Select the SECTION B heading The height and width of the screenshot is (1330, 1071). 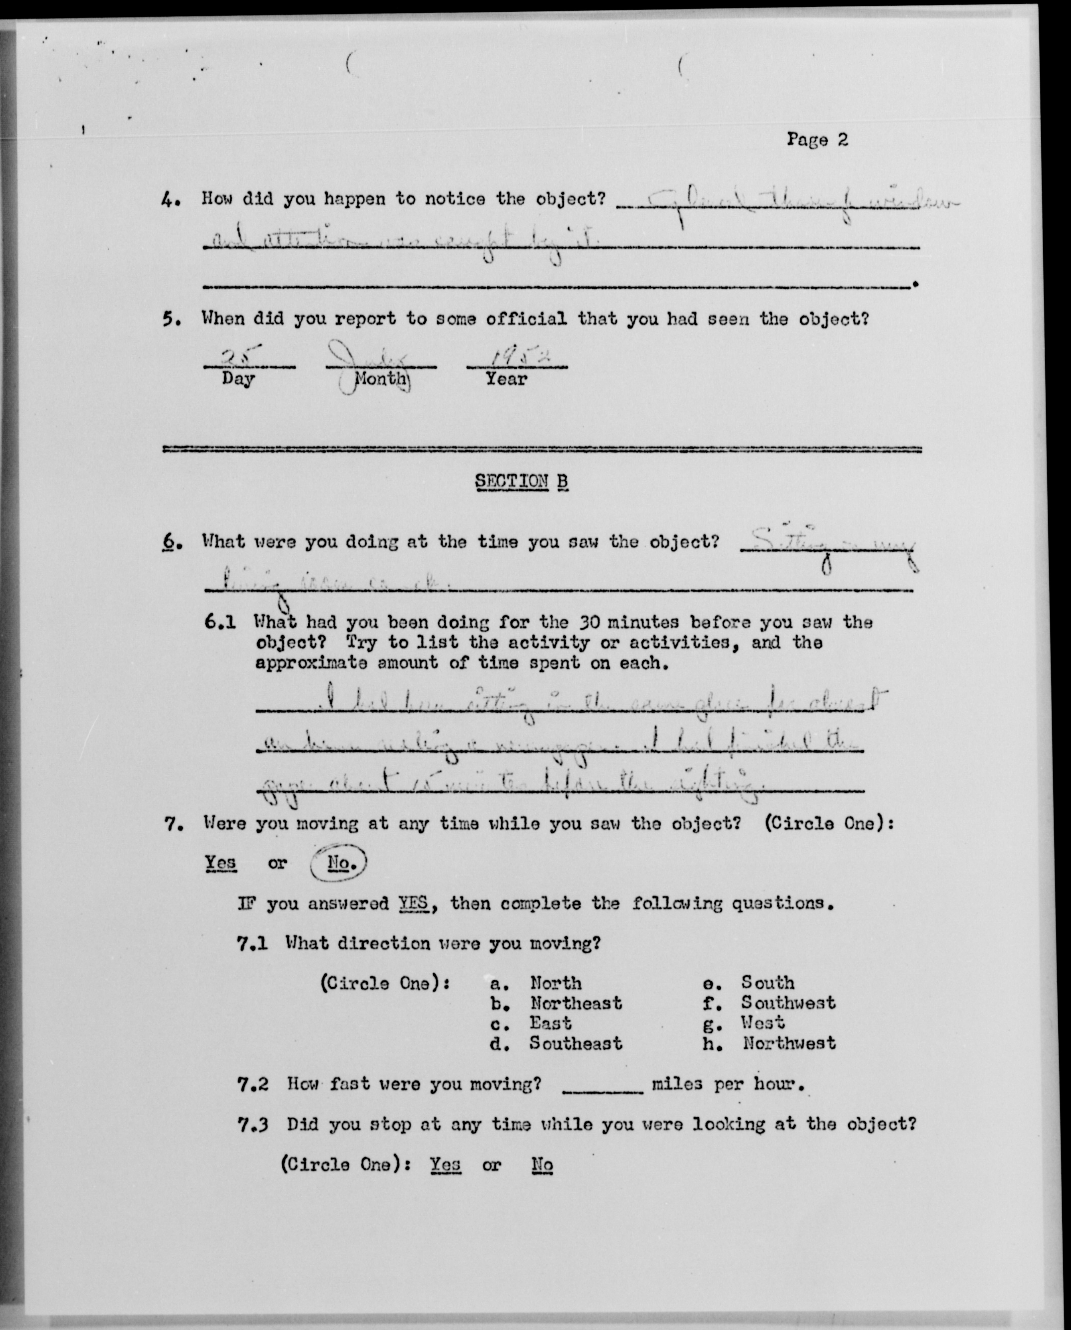(521, 481)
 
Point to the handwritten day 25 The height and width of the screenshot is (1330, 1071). (235, 357)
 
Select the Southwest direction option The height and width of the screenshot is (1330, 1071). (788, 1003)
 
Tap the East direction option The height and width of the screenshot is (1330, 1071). (550, 1023)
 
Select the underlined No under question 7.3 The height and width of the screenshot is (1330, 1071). (542, 1165)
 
